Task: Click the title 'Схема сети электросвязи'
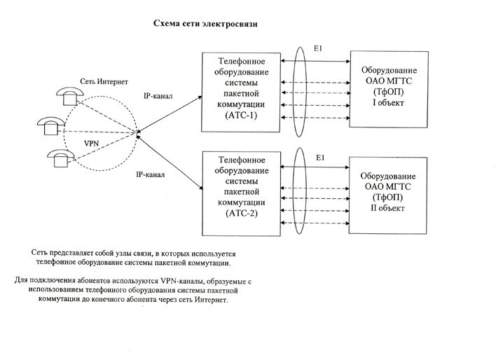[x=205, y=24]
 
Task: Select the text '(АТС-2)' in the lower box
[x=240, y=212]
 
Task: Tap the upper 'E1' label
[x=319, y=48]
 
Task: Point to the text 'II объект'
[x=390, y=208]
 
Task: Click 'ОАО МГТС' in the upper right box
[x=390, y=82]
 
